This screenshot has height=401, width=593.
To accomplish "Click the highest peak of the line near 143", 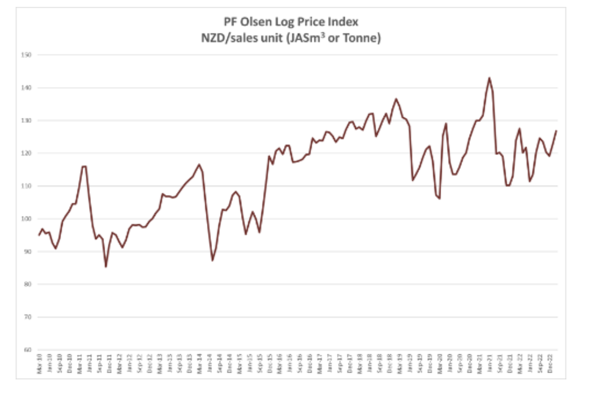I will (489, 78).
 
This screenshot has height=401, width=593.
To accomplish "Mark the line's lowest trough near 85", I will (106, 267).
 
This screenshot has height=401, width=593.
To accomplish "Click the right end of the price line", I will (556, 131).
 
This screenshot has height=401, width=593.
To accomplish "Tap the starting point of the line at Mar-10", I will (39, 235).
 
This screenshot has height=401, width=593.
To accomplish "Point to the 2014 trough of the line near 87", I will (213, 260).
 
